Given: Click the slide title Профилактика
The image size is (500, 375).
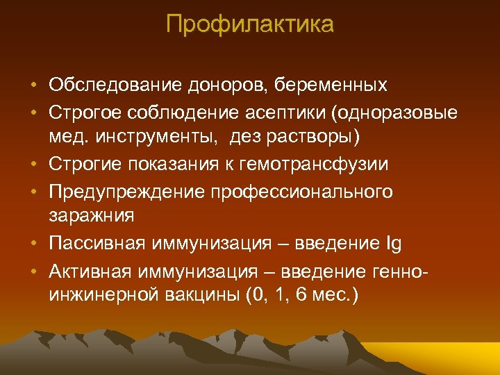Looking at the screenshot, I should tap(250, 25).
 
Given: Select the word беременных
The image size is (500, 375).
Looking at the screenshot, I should tap(331, 86).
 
